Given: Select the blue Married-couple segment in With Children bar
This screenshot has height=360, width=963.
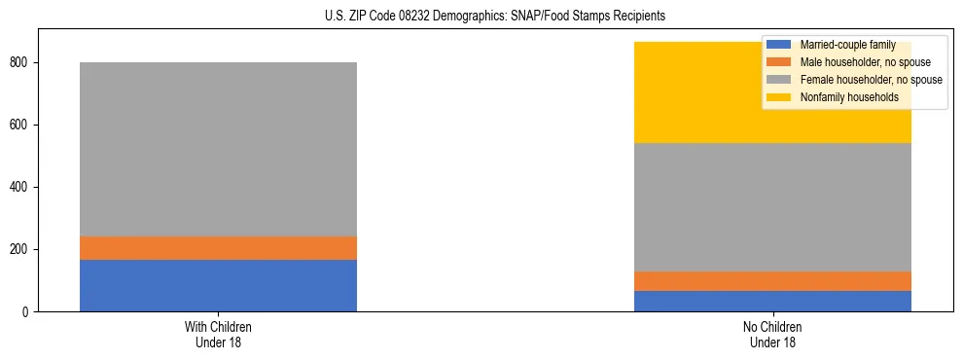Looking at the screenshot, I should tap(218, 285).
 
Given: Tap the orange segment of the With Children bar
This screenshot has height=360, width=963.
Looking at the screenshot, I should tap(218, 248).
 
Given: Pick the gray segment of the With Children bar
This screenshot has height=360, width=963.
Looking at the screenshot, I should tap(218, 149).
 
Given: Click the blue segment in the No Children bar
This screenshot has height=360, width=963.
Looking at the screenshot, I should tap(772, 301).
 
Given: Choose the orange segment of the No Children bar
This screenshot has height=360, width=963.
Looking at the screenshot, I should tap(772, 281).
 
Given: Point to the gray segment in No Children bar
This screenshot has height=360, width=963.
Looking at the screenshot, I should tap(772, 207).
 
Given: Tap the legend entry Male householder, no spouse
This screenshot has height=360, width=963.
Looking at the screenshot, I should tap(858, 62).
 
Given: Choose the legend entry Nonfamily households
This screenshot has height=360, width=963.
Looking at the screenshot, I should tap(848, 97).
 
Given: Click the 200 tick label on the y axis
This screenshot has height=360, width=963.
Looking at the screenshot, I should tap(22, 250).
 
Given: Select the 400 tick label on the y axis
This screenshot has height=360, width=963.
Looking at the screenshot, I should tap(22, 188).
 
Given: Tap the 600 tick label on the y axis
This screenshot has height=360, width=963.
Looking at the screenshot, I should tap(22, 126).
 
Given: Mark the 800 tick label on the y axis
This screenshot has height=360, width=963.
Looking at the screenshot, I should tap(22, 63).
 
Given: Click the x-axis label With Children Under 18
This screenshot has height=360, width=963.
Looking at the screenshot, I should tap(218, 335).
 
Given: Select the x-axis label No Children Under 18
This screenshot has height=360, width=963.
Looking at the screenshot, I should tap(772, 335).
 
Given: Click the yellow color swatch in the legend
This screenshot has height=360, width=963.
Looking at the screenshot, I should tap(779, 97).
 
